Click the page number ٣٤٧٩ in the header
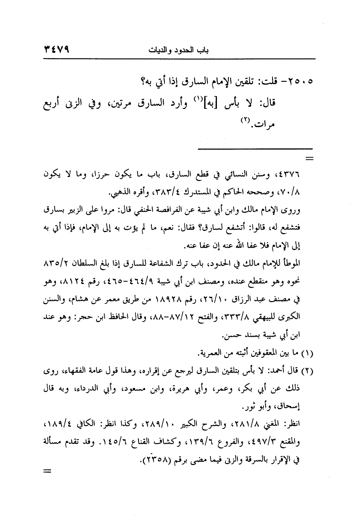58,49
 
